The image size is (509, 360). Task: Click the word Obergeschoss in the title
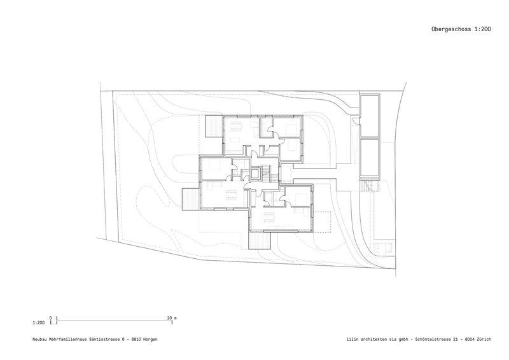pyautogui.click(x=451, y=29)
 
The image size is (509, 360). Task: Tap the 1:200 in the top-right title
pyautogui.click(x=483, y=29)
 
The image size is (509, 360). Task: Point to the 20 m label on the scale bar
pyautogui.click(x=172, y=318)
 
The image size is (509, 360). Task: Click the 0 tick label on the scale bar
pyautogui.click(x=51, y=318)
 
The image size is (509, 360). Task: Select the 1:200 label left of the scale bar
pyautogui.click(x=39, y=323)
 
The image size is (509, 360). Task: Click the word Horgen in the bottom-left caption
pyautogui.click(x=150, y=339)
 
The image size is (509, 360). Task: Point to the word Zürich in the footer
pyautogui.click(x=484, y=339)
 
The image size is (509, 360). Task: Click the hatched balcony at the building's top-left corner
pyautogui.click(x=214, y=127)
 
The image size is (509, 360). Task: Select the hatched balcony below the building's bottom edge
pyautogui.click(x=260, y=240)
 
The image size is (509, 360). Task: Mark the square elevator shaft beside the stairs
pyautogui.click(x=255, y=173)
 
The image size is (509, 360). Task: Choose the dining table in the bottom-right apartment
pyautogui.click(x=269, y=216)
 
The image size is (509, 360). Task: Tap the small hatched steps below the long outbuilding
pyautogui.click(x=370, y=185)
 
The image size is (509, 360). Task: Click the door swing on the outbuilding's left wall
pyautogui.click(x=357, y=121)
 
